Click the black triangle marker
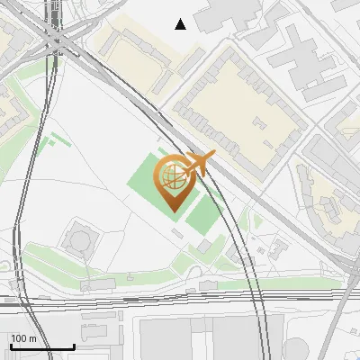click(x=181, y=24)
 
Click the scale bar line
click(x=42, y=346)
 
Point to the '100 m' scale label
click(x=24, y=338)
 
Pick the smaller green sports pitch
click(x=206, y=212)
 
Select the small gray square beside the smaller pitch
click(x=205, y=246)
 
